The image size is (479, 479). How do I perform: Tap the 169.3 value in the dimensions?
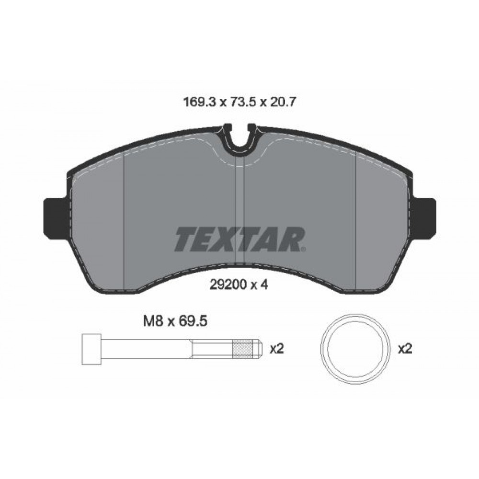[x=199, y=102]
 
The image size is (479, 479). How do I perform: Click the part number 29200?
[x=228, y=285]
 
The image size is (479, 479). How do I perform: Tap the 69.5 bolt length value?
[x=194, y=321]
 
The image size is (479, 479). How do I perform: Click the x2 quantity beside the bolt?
[x=277, y=349]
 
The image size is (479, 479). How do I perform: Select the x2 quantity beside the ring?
[x=405, y=349]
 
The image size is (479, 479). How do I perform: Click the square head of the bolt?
[x=91, y=349]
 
